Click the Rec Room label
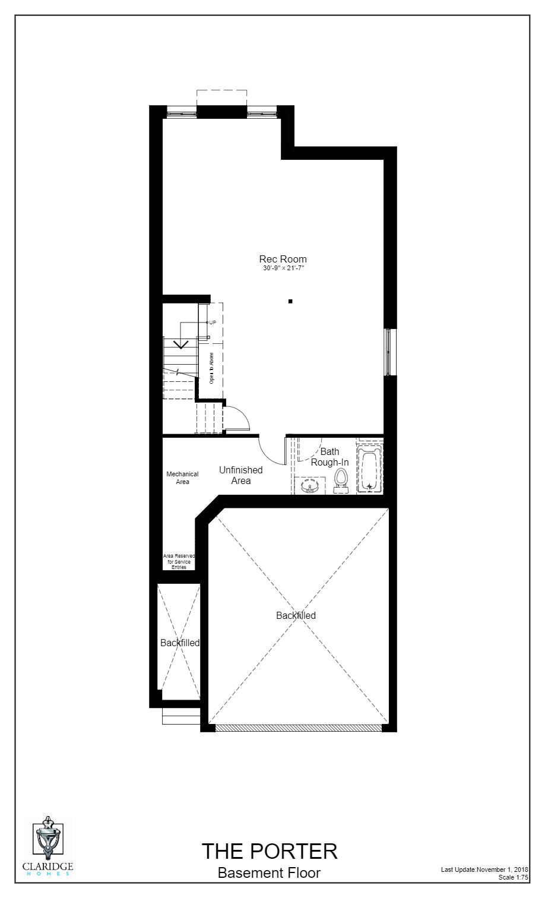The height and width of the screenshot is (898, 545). (x=283, y=259)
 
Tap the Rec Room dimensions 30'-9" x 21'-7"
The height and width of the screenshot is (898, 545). (x=283, y=268)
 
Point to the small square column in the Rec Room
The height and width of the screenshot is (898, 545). (x=290, y=302)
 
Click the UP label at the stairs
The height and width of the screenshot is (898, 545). (x=212, y=322)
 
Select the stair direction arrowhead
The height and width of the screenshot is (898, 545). (x=181, y=344)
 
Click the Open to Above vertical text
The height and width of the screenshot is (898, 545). (x=211, y=368)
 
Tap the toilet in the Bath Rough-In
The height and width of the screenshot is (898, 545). (x=341, y=479)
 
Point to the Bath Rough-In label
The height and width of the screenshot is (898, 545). (x=329, y=457)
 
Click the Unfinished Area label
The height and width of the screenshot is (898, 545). (x=240, y=475)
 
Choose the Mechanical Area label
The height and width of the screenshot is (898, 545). (x=182, y=478)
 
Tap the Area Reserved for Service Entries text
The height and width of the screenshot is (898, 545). (x=179, y=562)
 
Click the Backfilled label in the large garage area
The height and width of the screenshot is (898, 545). (x=296, y=615)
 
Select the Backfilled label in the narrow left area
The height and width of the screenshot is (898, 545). (x=180, y=643)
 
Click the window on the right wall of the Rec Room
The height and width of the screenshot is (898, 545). (x=389, y=352)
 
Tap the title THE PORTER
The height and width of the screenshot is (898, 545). (x=269, y=851)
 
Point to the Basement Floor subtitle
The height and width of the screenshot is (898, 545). (x=269, y=872)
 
